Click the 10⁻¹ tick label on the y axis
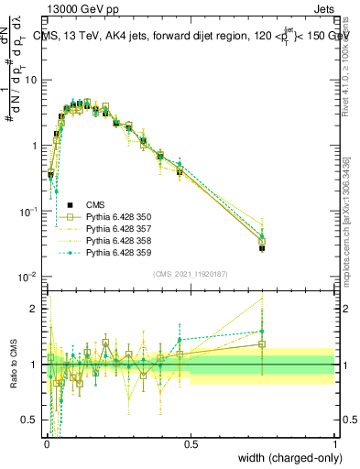tap(30, 211)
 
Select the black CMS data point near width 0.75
tap(262, 248)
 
